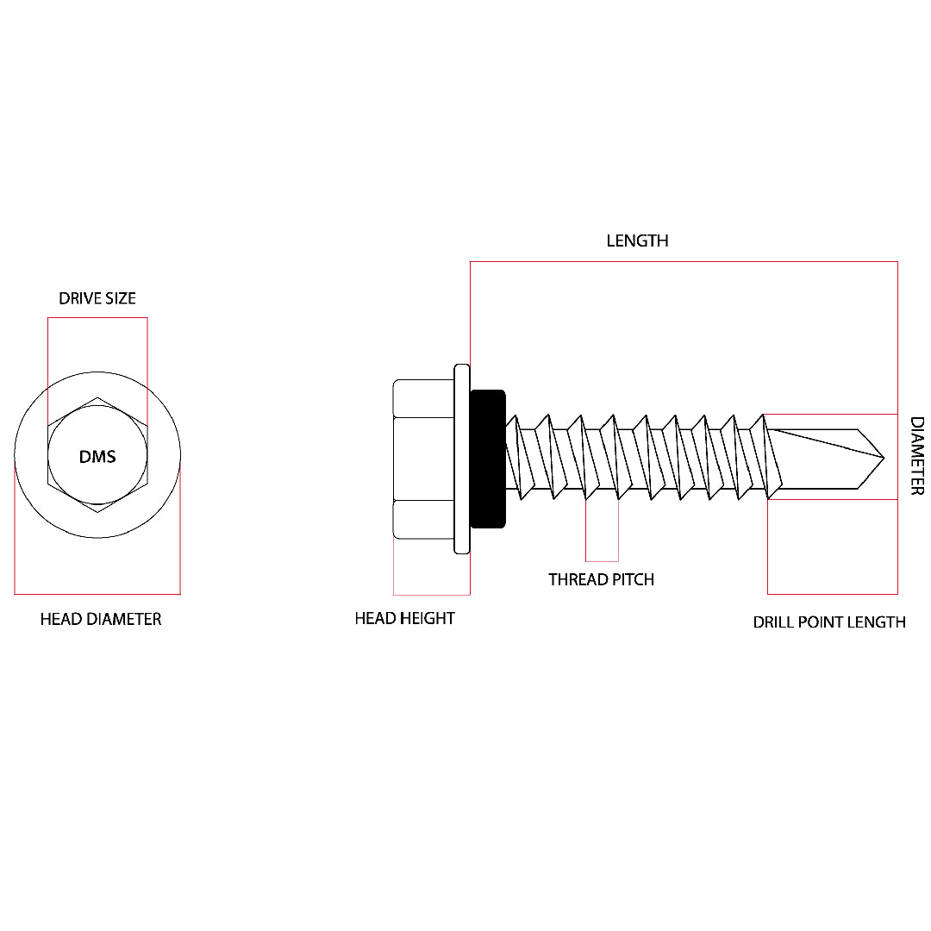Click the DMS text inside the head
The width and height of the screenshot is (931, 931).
point(97,457)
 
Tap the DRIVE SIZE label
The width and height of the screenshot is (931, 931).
point(97,298)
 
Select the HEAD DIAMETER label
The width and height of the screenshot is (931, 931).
point(101,619)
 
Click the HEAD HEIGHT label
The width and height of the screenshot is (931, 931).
point(404,618)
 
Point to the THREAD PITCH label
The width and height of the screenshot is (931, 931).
point(601,579)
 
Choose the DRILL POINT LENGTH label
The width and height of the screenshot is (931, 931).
point(829,622)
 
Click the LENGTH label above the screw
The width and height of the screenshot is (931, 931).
point(637,241)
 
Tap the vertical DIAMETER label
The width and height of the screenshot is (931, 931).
point(917,456)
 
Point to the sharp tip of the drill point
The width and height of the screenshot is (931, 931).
point(884,457)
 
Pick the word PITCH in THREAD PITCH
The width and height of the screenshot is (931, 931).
point(632,579)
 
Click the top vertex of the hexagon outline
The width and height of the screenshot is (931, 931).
point(97,397)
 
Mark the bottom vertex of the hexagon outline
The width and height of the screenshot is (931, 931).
point(97,513)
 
